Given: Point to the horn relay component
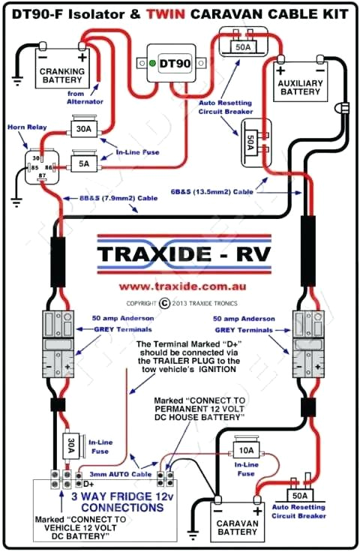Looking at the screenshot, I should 35,169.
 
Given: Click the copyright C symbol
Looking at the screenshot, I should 165,303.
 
